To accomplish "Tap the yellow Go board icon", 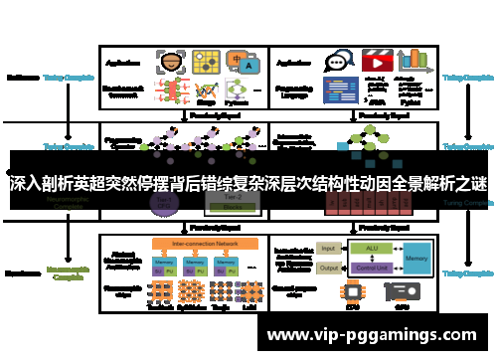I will point(208,61).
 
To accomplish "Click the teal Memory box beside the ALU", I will point(416,257).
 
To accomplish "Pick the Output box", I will point(329,267).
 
